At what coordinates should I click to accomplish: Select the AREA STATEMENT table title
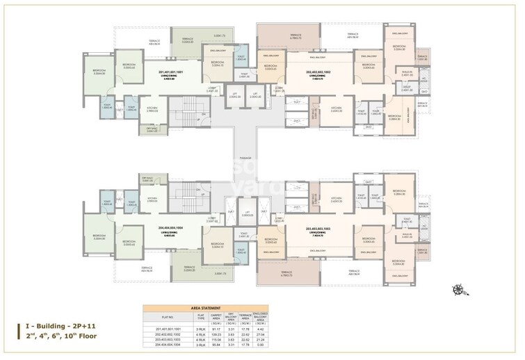pos(201,306)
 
